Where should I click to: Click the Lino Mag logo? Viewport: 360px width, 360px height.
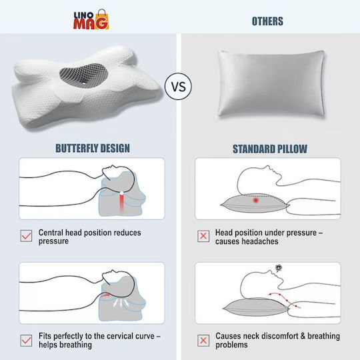[x=91, y=19]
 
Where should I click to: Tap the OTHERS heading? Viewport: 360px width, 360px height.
[x=267, y=21]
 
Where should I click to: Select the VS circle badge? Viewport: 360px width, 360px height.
[x=178, y=86]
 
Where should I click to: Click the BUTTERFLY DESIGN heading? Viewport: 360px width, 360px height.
[x=93, y=148]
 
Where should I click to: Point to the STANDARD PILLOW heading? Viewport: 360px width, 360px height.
[x=270, y=149]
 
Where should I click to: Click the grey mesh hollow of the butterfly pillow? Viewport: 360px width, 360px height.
[x=84, y=75]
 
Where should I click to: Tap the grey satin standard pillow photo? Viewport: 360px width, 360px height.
[x=271, y=83]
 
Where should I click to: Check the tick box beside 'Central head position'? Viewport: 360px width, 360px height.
[x=26, y=236]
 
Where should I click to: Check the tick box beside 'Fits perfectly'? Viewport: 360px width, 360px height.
[x=26, y=341]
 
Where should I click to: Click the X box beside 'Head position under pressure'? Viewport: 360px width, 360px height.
[x=203, y=236]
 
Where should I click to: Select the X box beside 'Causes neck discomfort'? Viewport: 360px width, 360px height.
[x=203, y=341]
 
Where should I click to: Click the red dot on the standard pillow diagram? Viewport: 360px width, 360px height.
[x=256, y=201]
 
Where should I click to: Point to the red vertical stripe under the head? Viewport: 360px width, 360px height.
[x=121, y=203]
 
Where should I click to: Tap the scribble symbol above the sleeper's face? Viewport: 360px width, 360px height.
[x=279, y=268]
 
